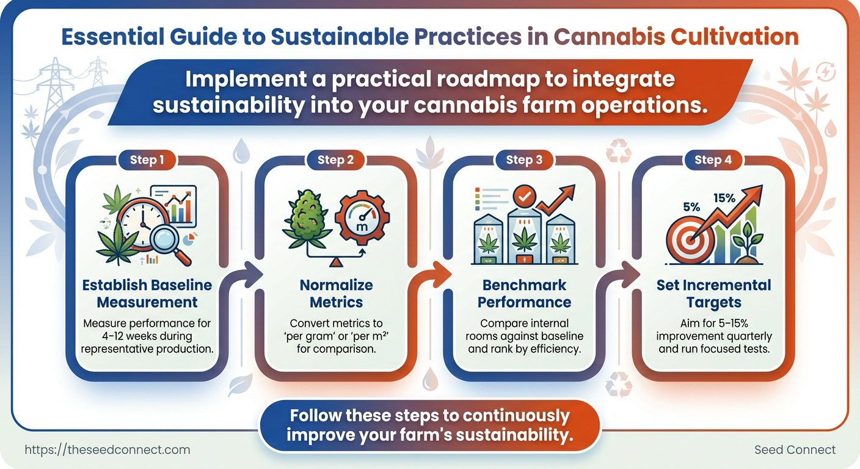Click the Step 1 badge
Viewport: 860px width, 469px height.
click(147, 159)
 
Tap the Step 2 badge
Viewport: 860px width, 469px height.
click(335, 159)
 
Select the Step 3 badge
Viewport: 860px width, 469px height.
click(524, 159)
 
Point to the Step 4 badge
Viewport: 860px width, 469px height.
click(713, 159)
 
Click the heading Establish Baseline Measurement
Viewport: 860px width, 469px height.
click(147, 294)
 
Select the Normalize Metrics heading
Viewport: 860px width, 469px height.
click(336, 294)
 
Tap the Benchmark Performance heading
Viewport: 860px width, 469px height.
click(524, 294)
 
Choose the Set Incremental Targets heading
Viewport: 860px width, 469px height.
click(714, 294)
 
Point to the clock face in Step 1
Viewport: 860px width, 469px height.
click(142, 224)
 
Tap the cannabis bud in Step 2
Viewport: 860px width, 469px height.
click(307, 219)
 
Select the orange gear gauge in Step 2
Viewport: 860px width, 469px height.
click(362, 217)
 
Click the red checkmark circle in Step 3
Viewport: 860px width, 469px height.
click(525, 197)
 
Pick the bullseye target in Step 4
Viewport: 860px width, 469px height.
click(690, 240)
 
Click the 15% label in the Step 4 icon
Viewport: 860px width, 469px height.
click(724, 198)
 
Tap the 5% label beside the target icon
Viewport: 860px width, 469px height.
click(691, 207)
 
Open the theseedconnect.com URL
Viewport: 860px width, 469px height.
click(107, 449)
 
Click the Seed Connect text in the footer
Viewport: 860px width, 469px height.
click(795, 449)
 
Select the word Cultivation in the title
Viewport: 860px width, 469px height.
click(734, 37)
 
